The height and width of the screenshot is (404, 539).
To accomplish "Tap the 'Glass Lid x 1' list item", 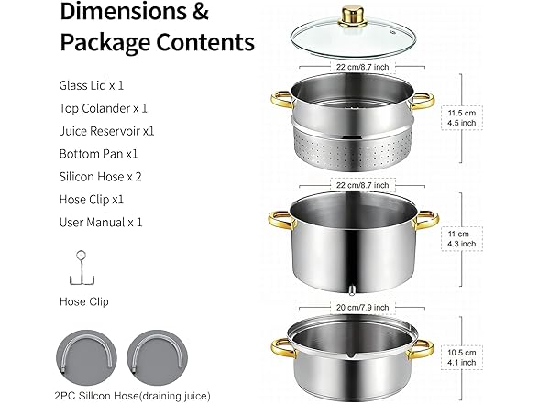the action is pos(91,85).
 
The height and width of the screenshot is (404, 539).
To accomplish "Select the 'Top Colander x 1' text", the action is pos(103,108).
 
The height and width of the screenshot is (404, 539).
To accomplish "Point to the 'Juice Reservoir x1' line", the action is pos(106,131).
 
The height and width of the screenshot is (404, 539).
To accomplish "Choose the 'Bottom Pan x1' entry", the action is pos(98,154).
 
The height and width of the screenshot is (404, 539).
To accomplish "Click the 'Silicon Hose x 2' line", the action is pos(101,177).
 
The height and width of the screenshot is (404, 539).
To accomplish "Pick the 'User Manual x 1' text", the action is pos(101,223).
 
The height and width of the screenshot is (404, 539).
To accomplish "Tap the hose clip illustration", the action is pos(82,268).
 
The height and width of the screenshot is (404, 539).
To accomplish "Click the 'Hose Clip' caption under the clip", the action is pos(84,301).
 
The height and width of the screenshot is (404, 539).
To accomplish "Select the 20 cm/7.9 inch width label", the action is pos(363,307).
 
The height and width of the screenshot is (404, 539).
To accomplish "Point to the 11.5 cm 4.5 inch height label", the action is pos(462,118).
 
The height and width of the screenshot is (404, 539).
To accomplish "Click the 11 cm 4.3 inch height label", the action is pos(461,239).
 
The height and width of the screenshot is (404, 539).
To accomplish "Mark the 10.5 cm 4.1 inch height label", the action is pos(461,357).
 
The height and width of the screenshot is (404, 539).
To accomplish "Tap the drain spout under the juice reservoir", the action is pos(351,290).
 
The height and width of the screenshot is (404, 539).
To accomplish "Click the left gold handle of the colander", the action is pos(282,100).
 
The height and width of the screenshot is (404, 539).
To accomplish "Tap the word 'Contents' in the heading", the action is pos(205,42).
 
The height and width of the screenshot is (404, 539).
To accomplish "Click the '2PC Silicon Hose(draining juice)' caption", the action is pos(132,396).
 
